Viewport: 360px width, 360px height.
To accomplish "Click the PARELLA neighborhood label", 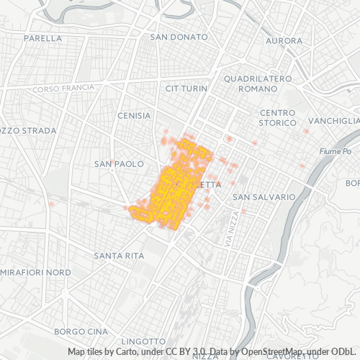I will (42, 37).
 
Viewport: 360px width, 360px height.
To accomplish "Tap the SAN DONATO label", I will (179, 37).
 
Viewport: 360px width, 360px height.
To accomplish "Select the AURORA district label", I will (284, 41).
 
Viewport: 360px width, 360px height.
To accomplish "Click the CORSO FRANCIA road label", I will (63, 88).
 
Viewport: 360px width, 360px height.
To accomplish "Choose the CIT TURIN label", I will (186, 89).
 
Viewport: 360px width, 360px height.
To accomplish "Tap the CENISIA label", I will (134, 115).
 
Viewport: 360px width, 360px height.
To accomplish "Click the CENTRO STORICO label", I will (278, 118).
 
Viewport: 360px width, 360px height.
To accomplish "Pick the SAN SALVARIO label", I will (264, 197).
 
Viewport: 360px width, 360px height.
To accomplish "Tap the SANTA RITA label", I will (119, 256).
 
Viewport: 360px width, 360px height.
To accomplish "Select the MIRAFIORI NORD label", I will (36, 273).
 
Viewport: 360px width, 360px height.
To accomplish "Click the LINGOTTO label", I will (143, 340).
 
